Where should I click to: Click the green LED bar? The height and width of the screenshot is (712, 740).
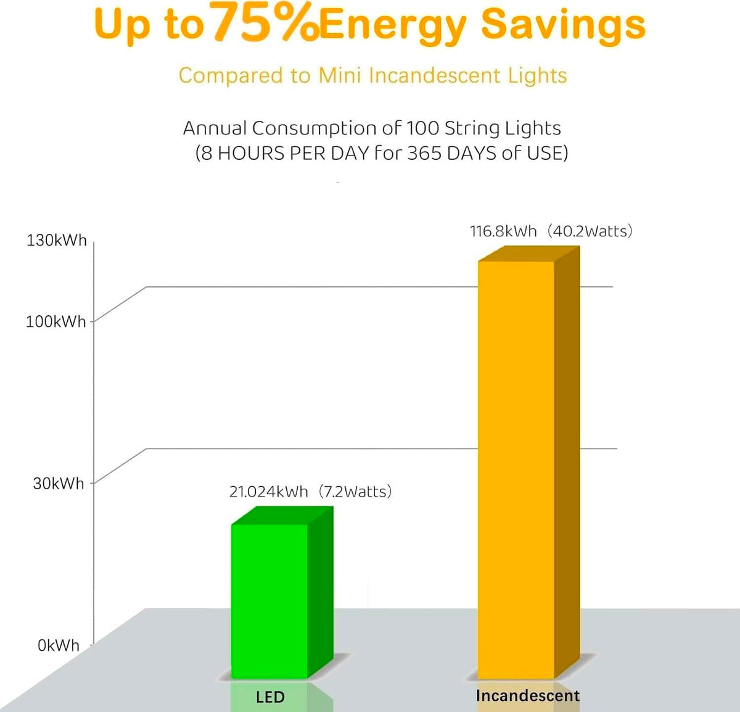[269, 600]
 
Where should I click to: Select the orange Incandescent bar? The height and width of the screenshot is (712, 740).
[516, 469]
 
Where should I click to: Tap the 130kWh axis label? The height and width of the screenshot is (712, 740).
[57, 241]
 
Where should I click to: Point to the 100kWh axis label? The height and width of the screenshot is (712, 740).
[56, 321]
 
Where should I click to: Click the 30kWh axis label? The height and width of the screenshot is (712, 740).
[59, 484]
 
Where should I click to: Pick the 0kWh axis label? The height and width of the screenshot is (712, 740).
[59, 645]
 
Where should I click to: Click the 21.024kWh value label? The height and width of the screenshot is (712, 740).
[268, 492]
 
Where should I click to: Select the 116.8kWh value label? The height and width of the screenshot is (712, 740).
[503, 231]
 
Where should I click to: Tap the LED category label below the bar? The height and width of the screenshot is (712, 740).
[270, 697]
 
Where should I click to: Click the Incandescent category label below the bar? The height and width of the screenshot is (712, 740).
[527, 696]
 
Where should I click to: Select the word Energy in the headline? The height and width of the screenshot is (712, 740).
[394, 27]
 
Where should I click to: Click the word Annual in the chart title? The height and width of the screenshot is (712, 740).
[215, 128]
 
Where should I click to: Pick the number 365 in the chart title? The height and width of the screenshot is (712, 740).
[424, 153]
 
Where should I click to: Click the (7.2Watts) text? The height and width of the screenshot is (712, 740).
[355, 492]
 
